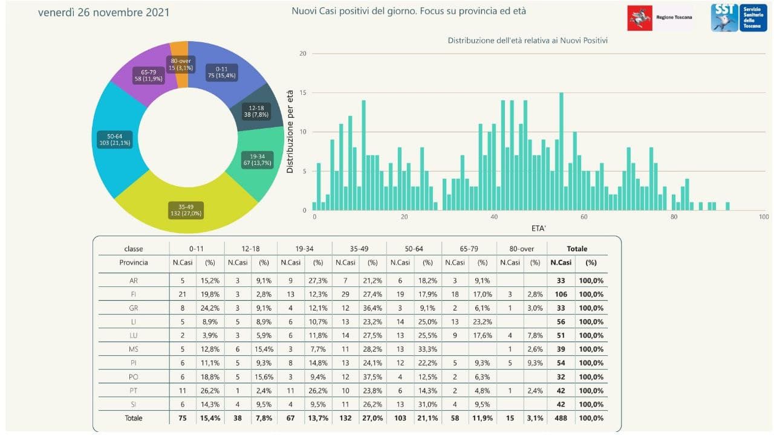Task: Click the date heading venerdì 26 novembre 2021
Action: coord(103,13)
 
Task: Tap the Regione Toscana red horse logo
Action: coord(640,18)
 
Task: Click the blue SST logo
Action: coord(739,18)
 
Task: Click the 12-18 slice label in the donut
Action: coord(256,111)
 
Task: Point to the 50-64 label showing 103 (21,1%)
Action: coord(115,140)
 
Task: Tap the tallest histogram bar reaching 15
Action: coord(561,151)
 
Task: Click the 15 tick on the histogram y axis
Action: coord(303,92)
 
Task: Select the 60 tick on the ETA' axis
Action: coord(584,217)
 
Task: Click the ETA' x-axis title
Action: coord(538,228)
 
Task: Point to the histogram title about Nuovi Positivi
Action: coord(528,40)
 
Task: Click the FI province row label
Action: coord(134,294)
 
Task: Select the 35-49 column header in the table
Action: coord(359,248)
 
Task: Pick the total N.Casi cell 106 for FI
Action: coord(561,294)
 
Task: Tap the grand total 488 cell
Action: coord(561,418)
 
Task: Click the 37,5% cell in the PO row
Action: coord(372,376)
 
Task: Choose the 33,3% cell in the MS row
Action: coord(428,349)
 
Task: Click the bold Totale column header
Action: coord(577,248)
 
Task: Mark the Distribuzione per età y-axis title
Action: coord(290,132)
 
